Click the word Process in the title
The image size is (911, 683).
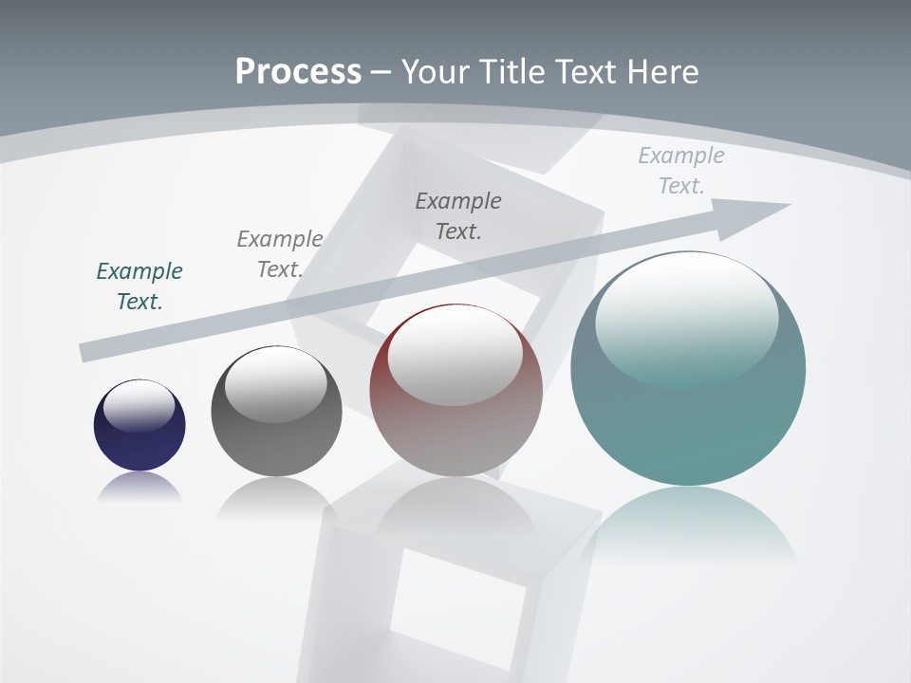tap(298, 71)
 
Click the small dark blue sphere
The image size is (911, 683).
tap(139, 436)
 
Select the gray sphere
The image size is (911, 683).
tap(276, 427)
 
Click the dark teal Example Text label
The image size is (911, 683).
tap(139, 286)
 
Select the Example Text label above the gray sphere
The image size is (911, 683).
tap(280, 254)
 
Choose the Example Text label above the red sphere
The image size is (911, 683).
tap(458, 215)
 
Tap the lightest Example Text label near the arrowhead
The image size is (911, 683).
tap(681, 171)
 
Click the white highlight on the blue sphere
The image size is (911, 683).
tap(139, 405)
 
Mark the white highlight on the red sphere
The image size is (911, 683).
tap(455, 351)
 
